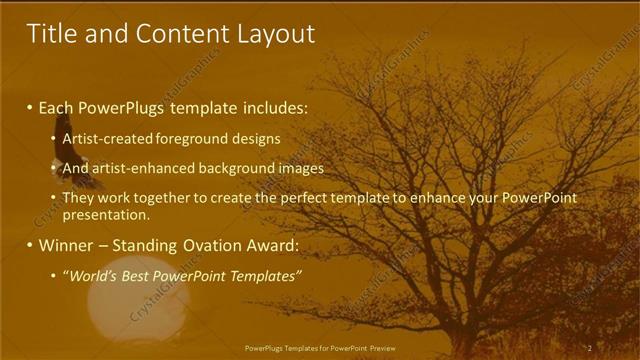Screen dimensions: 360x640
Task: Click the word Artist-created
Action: pos(104,139)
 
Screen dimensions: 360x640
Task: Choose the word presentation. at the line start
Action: pos(106,214)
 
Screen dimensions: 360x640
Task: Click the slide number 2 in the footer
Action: pos(590,348)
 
